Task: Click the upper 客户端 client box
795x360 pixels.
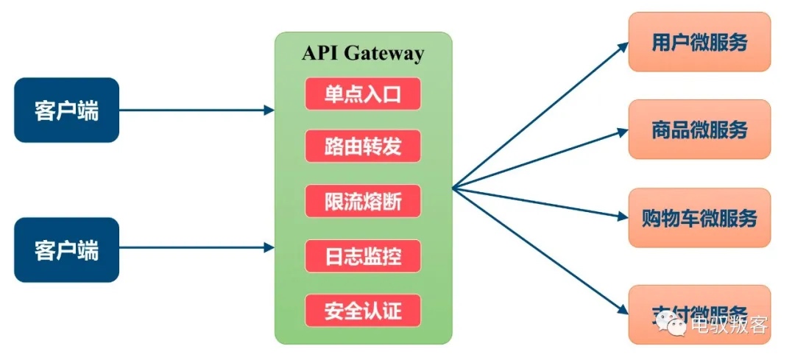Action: tap(66, 110)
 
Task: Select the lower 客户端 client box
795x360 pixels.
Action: tap(66, 250)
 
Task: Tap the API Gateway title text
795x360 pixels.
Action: tap(363, 53)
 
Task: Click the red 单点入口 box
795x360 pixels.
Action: tap(363, 93)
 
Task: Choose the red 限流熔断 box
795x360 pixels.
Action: tap(363, 200)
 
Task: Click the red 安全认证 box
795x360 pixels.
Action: tap(363, 310)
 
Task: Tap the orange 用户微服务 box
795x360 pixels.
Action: tap(699, 42)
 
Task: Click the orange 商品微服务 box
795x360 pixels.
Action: tap(699, 130)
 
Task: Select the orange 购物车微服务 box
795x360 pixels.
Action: tap(699, 217)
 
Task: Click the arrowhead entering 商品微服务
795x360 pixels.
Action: tap(622, 133)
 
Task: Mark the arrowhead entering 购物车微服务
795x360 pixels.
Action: tap(622, 216)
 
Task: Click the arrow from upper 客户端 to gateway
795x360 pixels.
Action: tap(195, 110)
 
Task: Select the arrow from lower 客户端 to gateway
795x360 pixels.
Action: tap(195, 249)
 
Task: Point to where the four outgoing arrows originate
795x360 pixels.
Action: tap(453, 189)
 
